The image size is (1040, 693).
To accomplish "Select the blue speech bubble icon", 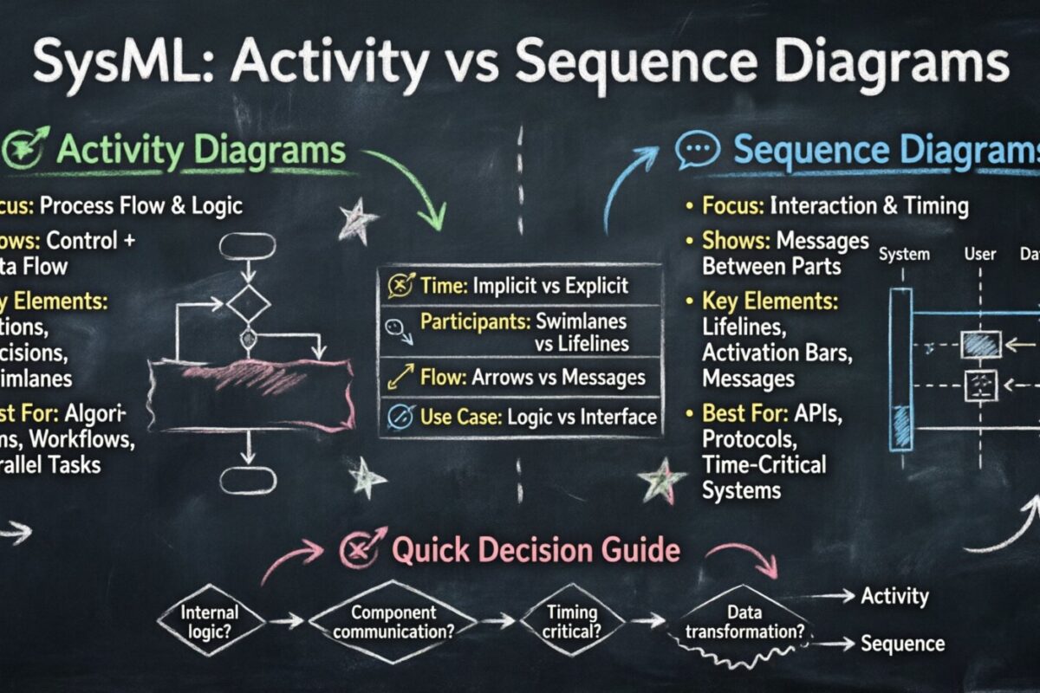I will (698, 150).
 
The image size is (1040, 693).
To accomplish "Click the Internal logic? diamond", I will (210, 620).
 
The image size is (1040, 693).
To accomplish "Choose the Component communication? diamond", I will (393, 620).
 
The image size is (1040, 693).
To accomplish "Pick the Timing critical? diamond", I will (573, 620).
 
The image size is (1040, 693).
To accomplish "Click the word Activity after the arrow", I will (894, 596).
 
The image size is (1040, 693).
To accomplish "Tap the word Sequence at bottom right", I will (901, 644).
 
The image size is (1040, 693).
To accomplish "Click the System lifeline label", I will (903, 255).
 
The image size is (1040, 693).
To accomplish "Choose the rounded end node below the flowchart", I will (247, 480).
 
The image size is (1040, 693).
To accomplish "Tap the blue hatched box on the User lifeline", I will (980, 345).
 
